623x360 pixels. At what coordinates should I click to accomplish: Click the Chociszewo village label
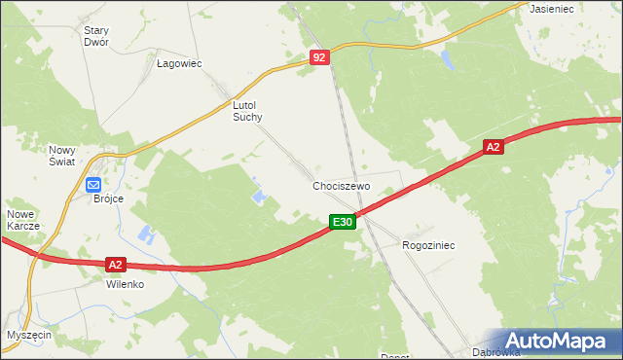click(x=342, y=186)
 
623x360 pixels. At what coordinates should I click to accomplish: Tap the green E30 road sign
click(x=341, y=223)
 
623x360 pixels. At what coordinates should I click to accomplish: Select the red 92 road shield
click(x=320, y=58)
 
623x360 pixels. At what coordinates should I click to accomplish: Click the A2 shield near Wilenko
click(x=115, y=264)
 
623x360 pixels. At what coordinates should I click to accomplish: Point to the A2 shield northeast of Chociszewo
click(x=494, y=147)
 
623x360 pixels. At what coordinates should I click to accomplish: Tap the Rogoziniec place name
click(x=428, y=246)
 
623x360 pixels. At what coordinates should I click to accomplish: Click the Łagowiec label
click(x=178, y=63)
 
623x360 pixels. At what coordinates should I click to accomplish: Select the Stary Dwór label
click(x=96, y=36)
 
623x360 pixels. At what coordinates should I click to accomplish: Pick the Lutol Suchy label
click(x=248, y=110)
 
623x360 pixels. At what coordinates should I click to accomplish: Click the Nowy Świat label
click(x=62, y=156)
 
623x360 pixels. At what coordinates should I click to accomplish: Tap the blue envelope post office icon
click(x=93, y=185)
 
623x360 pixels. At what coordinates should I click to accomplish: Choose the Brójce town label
click(x=108, y=198)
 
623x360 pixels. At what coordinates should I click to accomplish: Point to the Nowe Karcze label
click(x=22, y=220)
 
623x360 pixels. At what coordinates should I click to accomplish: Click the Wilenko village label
click(x=125, y=285)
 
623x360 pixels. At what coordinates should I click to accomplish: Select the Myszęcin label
click(x=28, y=335)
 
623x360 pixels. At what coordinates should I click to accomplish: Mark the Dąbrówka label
click(x=492, y=352)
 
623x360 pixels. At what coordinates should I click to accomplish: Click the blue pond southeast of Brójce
click(x=146, y=234)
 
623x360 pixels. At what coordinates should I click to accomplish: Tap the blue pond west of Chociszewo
click(x=260, y=198)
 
